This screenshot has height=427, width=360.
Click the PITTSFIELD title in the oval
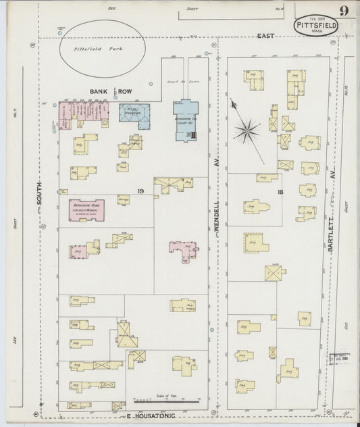tap(316, 24)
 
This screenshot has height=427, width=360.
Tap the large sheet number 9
tap(344, 10)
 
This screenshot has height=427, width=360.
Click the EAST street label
tap(265, 35)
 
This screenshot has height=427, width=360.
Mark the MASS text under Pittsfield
tap(316, 31)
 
